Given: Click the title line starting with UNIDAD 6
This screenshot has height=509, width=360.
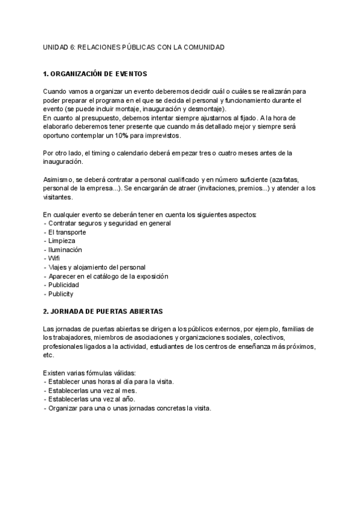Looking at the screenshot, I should pyautogui.click(x=134, y=47).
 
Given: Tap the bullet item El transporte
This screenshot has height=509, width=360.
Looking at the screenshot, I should pyautogui.click(x=66, y=232).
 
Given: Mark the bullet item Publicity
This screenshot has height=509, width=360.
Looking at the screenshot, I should pyautogui.click(x=61, y=294).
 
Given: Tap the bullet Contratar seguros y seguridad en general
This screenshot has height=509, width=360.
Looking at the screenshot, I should pyautogui.click(x=107, y=223).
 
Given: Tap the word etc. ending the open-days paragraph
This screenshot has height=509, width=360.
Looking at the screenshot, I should pyautogui.click(x=49, y=355).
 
